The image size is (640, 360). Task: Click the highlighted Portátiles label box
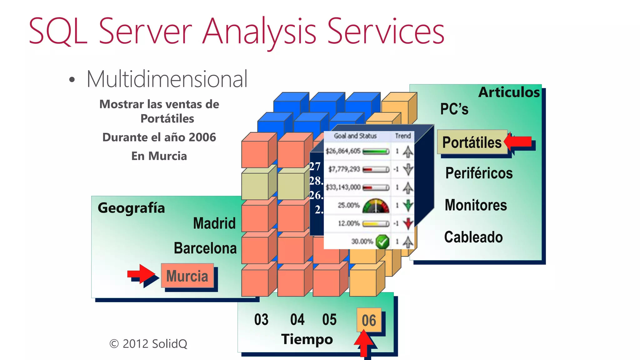pos(472,142)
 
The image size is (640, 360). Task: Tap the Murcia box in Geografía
pos(187,276)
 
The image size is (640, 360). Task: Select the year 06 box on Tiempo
pos(369,320)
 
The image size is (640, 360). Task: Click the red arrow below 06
pos(364,344)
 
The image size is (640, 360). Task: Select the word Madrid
pos(214,223)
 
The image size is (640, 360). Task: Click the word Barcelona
pos(205,248)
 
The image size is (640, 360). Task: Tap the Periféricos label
pos(479,173)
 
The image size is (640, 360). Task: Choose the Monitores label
pos(476,205)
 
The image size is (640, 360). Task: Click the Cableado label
pos(473,237)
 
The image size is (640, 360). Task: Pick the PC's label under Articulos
pos(454,109)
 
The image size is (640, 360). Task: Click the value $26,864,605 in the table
pos(343,151)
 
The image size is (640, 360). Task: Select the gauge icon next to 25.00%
pos(376,206)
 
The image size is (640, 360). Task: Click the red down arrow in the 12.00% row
pos(408,223)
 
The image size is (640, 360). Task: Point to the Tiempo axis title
pos(307,339)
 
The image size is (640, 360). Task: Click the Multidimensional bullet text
pos(167,79)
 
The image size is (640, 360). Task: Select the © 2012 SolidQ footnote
pos(148,344)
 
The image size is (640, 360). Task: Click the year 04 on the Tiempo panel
pos(297,320)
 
